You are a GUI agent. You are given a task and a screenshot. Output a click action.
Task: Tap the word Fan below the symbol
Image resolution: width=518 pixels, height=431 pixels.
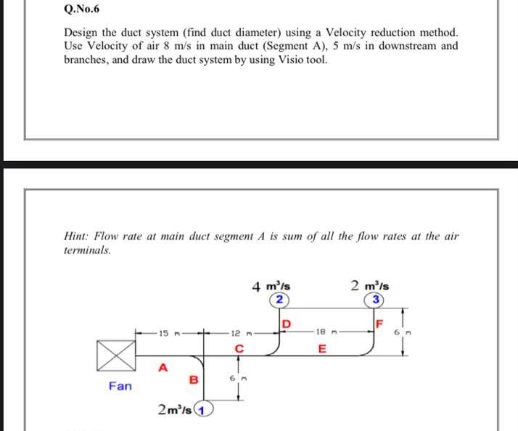coord(120,385)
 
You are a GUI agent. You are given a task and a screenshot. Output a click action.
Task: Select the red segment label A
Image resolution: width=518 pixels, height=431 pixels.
coord(163,368)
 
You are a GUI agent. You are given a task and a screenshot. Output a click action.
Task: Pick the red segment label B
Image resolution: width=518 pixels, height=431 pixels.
coord(193,379)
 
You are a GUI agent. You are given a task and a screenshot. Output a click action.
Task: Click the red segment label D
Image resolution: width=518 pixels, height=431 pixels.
coord(286,323)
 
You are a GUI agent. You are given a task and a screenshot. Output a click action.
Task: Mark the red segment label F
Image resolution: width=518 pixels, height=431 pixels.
coord(379,323)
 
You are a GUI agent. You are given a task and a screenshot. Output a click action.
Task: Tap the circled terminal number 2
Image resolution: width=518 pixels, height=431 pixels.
coord(279,300)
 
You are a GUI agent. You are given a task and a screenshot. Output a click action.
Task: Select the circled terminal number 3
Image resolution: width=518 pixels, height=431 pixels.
coord(375,300)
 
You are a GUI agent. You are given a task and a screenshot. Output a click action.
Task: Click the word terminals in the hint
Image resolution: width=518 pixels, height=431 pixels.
coord(86,250)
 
